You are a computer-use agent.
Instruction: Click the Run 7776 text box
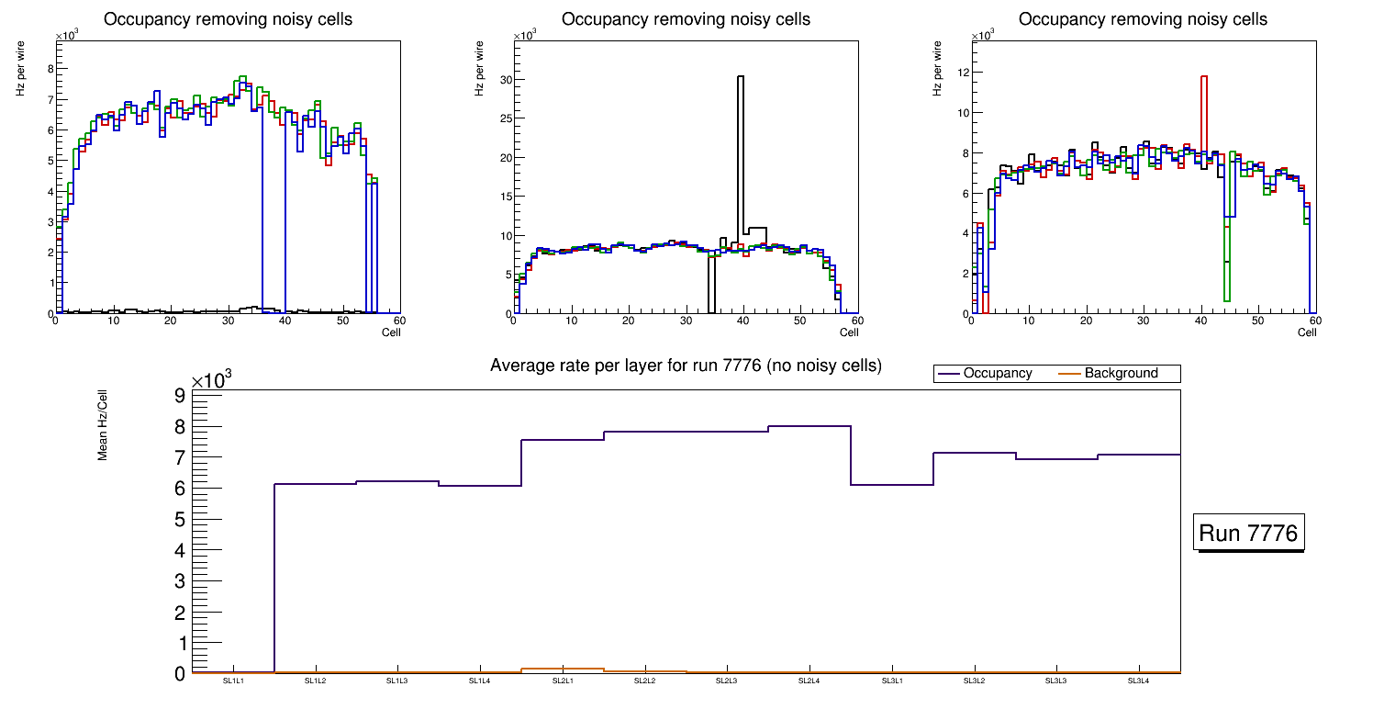tap(1250, 533)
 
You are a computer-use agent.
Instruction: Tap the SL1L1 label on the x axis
tap(233, 681)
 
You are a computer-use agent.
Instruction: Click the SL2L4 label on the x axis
tap(809, 681)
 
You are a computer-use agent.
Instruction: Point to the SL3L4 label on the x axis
tap(1138, 681)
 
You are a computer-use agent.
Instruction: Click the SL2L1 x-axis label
tap(562, 681)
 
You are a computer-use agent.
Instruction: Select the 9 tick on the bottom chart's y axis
tap(180, 396)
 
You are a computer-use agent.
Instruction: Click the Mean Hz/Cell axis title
tap(104, 424)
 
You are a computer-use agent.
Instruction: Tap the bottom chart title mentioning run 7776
tap(686, 366)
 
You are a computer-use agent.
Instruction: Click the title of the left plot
tap(228, 19)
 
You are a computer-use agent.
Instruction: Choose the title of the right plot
tap(1143, 19)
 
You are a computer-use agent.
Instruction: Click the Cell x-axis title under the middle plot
tap(849, 332)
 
